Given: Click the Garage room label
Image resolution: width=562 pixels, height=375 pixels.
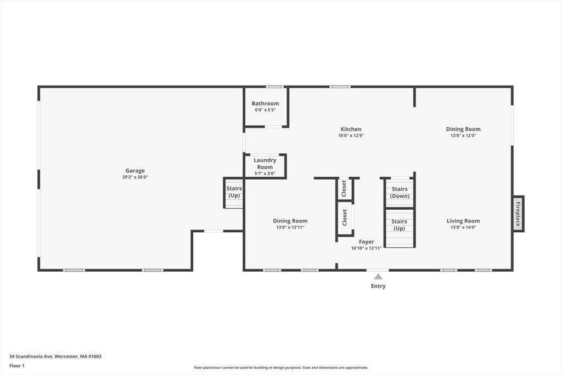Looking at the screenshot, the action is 135,171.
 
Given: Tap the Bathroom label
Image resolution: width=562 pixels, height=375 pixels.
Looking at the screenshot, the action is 265,104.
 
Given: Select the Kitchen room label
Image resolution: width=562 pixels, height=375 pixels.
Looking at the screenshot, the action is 351,129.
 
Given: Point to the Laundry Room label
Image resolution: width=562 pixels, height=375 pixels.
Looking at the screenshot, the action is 265,164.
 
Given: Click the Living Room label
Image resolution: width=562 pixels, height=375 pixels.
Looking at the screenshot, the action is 463,221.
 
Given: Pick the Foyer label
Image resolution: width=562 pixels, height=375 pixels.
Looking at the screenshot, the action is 366,242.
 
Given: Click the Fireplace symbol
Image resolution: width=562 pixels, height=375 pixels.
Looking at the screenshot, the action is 518,214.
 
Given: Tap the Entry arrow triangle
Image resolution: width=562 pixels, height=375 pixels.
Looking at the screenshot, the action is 378,276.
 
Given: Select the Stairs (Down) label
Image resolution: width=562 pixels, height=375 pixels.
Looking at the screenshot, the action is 400,193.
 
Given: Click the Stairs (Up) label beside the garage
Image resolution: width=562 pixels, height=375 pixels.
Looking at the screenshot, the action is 234,192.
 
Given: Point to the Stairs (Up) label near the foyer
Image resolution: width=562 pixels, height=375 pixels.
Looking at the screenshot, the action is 400,225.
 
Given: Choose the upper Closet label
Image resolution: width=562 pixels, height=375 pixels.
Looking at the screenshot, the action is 344,188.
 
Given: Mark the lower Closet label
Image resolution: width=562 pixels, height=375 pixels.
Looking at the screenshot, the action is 345,217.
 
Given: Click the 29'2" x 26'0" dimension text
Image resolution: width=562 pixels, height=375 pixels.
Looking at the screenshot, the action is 135,177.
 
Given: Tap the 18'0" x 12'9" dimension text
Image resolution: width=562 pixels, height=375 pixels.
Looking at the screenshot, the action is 351,136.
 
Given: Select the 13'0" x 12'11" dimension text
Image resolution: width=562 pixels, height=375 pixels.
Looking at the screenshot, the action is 290,227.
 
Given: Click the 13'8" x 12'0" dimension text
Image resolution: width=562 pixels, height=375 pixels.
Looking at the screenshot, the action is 463,136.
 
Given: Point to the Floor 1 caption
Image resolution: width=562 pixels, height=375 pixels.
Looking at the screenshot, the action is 17,366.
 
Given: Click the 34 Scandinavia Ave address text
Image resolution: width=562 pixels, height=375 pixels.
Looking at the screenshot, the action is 31,356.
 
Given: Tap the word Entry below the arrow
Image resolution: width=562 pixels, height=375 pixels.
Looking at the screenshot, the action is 378,286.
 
